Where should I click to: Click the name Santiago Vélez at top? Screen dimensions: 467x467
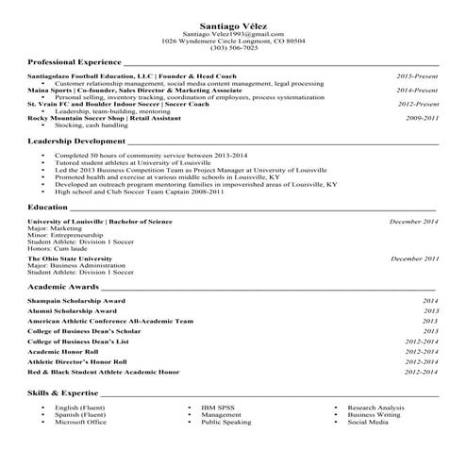[x=233, y=25]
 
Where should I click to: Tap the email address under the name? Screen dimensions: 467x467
[x=233, y=34]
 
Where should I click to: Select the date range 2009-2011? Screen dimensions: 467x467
[x=422, y=118]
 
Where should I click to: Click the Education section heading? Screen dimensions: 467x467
[x=47, y=206]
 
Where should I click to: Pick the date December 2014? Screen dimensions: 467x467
[x=414, y=221]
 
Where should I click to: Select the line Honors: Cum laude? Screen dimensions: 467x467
[x=61, y=247]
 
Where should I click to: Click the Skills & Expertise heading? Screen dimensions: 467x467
[x=62, y=391]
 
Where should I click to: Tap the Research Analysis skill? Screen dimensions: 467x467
[x=376, y=407]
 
